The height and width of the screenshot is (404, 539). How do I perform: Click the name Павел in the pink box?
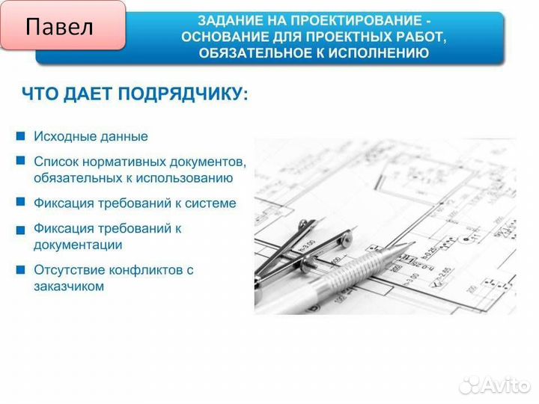click(x=60, y=27)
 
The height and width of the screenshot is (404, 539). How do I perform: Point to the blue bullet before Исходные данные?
click(x=20, y=136)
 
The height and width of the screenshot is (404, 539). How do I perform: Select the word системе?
click(x=211, y=203)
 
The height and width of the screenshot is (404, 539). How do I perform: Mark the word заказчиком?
click(x=68, y=287)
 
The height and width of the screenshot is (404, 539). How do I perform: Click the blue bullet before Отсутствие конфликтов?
click(x=20, y=269)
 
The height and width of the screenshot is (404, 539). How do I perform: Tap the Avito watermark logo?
click(x=494, y=384)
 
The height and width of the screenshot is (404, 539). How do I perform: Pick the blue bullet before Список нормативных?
click(x=20, y=161)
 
